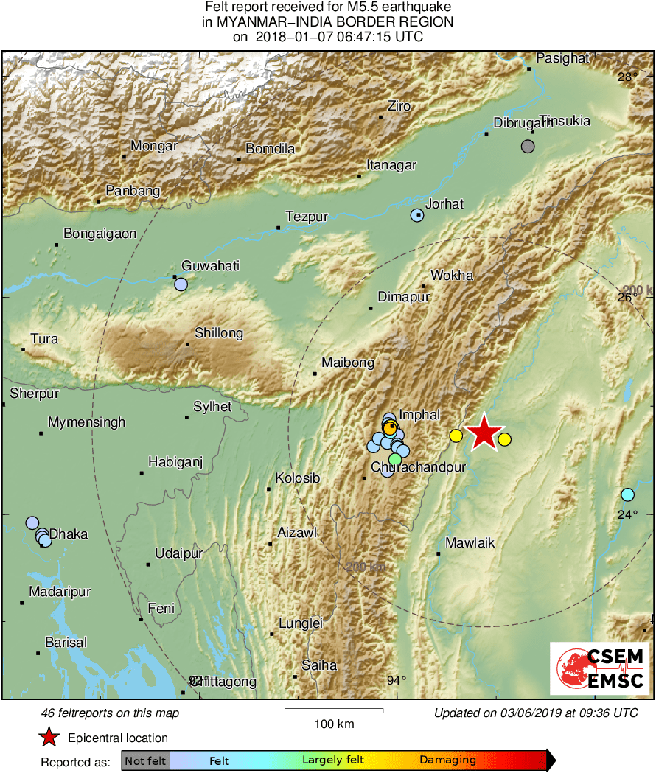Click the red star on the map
(x=484, y=433)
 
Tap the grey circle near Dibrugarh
(x=528, y=146)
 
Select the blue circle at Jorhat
(x=417, y=215)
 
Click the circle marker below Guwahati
(x=181, y=284)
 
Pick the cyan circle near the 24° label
(x=627, y=494)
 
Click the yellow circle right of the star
(x=504, y=439)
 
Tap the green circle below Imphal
(x=395, y=459)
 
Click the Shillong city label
(x=219, y=334)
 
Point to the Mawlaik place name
(x=470, y=543)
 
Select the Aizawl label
(x=297, y=532)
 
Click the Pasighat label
(x=562, y=57)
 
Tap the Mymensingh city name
(x=86, y=423)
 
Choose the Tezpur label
(x=307, y=217)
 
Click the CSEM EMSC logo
(x=599, y=668)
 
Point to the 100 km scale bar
(x=334, y=711)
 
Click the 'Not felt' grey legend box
(x=145, y=760)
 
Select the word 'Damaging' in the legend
(x=447, y=760)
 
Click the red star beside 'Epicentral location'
(x=49, y=738)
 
